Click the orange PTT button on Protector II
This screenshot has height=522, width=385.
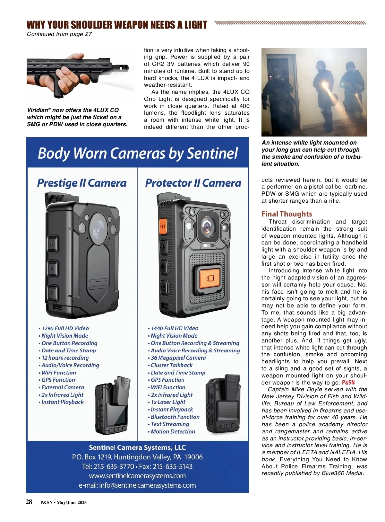click(163, 227)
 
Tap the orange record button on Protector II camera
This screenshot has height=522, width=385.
click(210, 278)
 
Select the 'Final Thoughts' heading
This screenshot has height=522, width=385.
click(287, 214)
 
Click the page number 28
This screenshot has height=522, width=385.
click(29, 502)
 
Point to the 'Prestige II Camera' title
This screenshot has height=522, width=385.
click(82, 183)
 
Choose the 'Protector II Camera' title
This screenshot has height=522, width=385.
click(193, 183)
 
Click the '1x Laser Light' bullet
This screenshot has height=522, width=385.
click(168, 402)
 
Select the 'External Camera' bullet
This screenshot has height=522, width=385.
click(63, 387)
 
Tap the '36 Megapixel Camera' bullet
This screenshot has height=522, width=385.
click(178, 358)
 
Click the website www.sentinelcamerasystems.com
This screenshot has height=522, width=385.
click(137, 476)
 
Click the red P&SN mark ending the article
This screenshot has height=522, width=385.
click(348, 382)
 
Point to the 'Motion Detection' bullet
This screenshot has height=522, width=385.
click(173, 431)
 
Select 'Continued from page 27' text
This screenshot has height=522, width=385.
click(59, 34)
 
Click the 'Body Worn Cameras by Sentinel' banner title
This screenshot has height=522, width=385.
click(138, 153)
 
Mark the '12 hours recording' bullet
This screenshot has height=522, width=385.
click(65, 358)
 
